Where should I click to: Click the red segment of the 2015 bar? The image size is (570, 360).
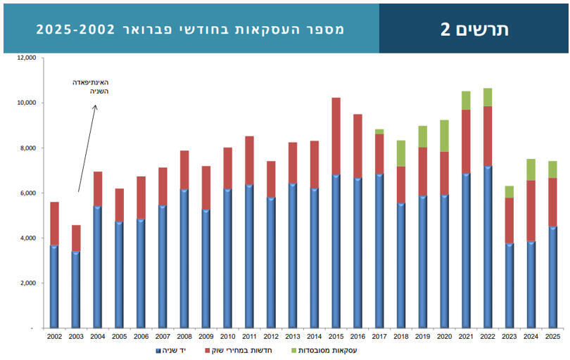click(336, 136)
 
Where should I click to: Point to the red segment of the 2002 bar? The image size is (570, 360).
click(54, 223)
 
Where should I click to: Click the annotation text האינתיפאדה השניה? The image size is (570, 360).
click(91, 87)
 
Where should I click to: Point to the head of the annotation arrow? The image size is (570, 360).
click(95, 107)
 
